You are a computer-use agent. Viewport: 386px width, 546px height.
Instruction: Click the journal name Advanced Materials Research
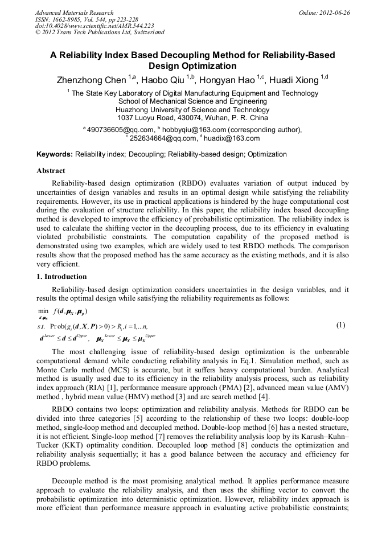coord(74,13)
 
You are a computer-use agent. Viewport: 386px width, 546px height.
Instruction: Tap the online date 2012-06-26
coord(334,13)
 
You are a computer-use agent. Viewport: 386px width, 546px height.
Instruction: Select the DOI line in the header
coord(95,26)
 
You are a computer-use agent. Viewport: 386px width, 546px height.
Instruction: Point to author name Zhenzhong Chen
coord(93,80)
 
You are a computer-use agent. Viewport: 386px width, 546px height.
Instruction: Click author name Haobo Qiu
coord(165,80)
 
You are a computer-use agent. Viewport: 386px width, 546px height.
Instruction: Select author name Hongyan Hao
coord(229,80)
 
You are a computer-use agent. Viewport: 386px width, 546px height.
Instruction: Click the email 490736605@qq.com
coord(120,130)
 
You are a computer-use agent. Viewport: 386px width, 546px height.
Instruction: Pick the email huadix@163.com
coord(235,138)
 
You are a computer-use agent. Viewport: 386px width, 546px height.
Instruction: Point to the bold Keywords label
coord(55,154)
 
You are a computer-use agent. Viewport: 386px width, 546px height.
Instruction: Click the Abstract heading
coord(51,171)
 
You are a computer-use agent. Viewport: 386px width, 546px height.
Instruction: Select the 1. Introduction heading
coord(61,277)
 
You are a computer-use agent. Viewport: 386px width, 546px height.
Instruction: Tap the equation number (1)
coord(340,326)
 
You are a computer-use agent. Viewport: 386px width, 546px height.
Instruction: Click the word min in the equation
coord(43,311)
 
